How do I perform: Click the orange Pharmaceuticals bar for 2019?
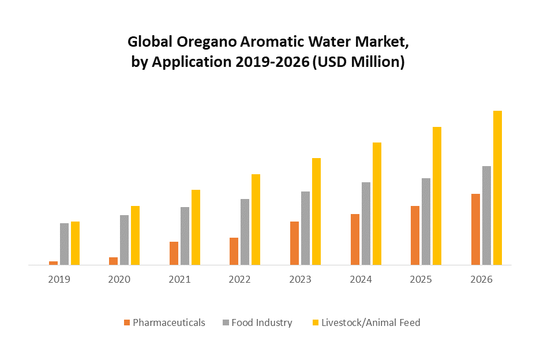(x=53, y=263)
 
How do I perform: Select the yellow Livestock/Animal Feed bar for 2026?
(x=497, y=187)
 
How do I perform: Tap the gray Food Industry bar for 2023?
(x=305, y=228)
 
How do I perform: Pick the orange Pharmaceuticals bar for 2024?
(x=355, y=239)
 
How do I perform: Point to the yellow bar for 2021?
(x=196, y=227)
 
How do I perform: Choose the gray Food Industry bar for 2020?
(x=124, y=240)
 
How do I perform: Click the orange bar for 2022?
(x=234, y=251)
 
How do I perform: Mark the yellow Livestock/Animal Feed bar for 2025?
(x=437, y=196)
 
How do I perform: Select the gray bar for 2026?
(x=486, y=215)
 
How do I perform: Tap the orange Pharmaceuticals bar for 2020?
(x=113, y=261)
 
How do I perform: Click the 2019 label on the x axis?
(x=59, y=279)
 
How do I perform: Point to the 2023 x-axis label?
(x=300, y=279)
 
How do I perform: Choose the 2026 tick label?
(x=481, y=279)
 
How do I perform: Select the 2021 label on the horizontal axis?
(x=179, y=279)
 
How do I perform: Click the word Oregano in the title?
(x=202, y=42)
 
